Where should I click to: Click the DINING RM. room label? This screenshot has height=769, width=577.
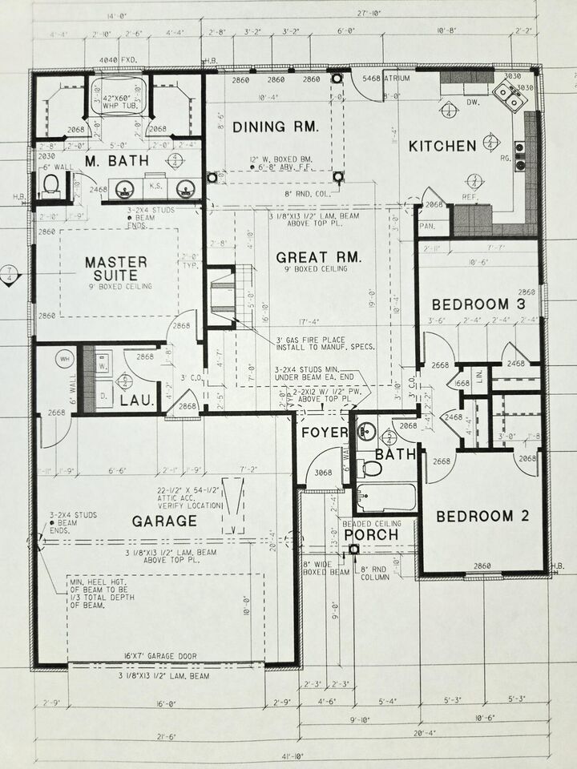[x=276, y=127]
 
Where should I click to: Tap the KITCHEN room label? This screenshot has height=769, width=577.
[x=442, y=146]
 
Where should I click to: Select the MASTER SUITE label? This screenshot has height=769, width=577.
[x=116, y=269]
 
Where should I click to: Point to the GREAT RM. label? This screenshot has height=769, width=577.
[x=319, y=257]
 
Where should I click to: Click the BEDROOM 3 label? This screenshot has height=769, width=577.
[x=470, y=304]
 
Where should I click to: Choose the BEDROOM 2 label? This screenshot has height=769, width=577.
[x=482, y=516]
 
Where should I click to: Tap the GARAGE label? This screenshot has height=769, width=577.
[x=164, y=521]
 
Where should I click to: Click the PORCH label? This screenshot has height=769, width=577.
[x=371, y=534]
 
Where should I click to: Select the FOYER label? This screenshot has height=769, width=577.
[x=324, y=433]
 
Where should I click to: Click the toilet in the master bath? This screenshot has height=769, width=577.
[x=50, y=187]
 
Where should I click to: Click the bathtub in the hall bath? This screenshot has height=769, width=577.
[x=385, y=497]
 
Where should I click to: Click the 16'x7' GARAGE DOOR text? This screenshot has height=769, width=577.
[x=167, y=656]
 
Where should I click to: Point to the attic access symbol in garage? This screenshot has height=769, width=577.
[x=234, y=505]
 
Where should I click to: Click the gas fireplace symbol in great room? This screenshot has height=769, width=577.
[x=221, y=297]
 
